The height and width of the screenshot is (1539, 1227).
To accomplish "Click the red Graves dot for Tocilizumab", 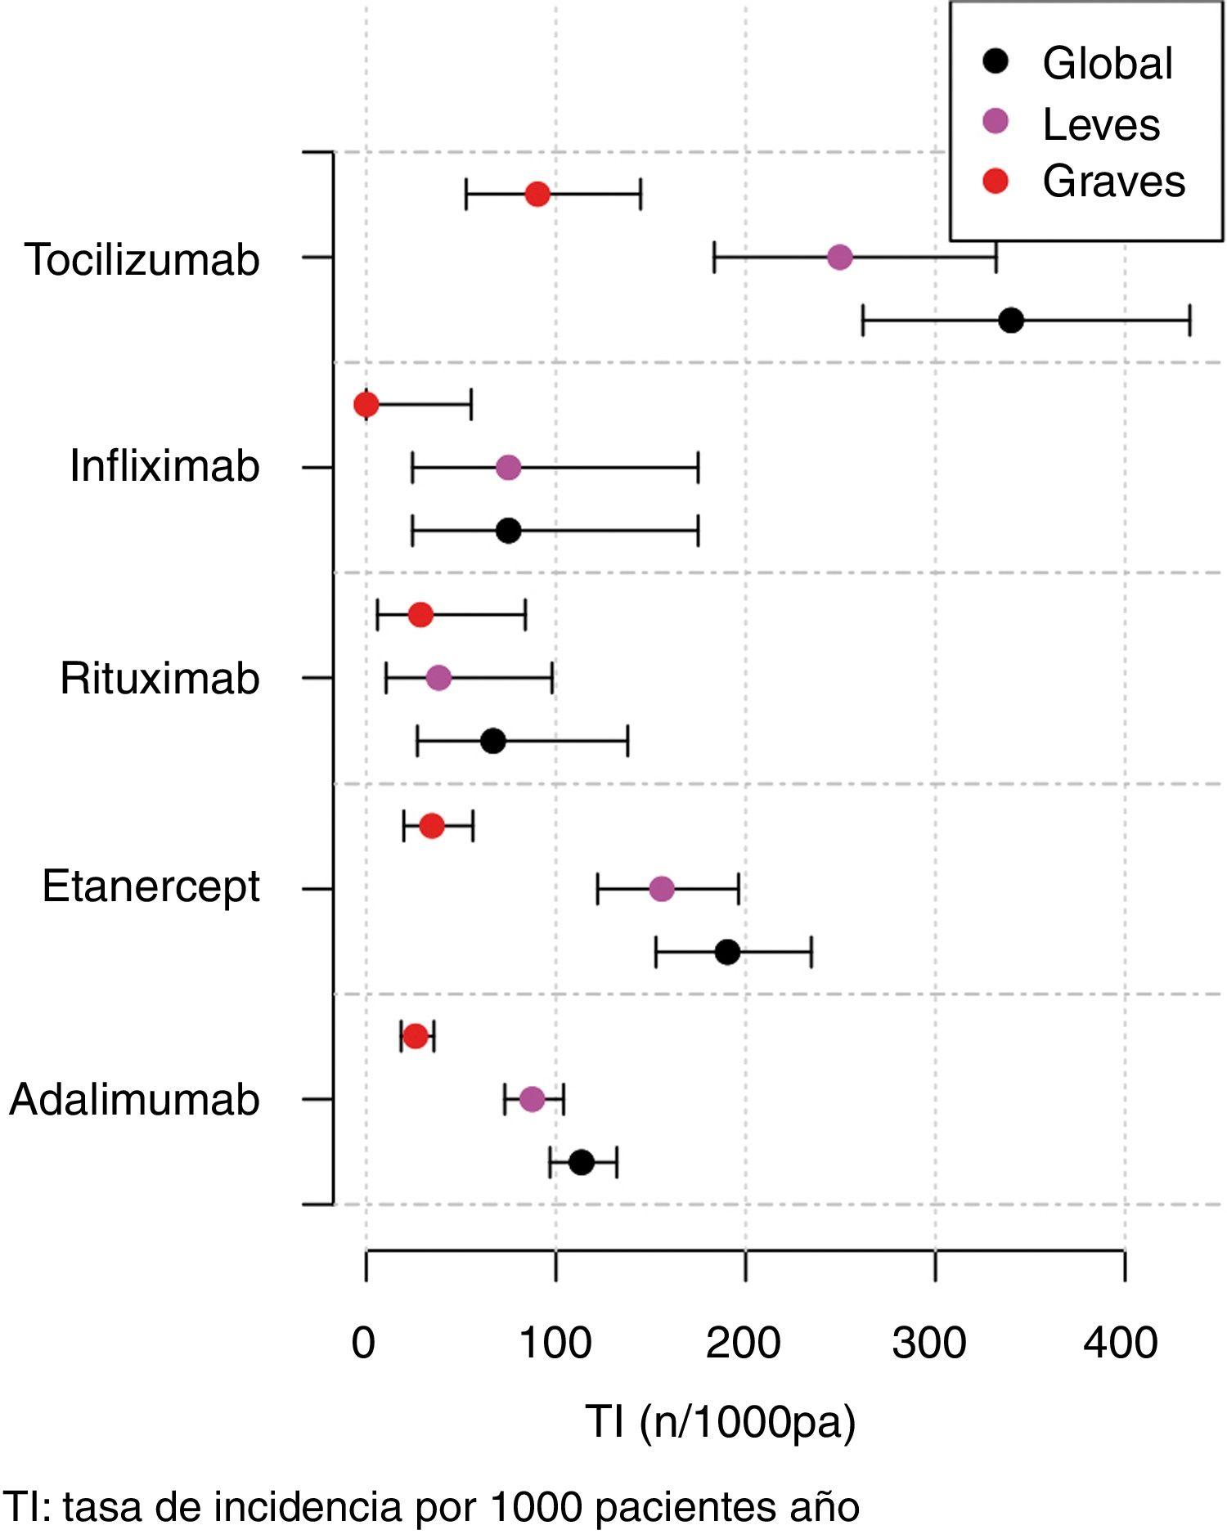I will [x=537, y=195].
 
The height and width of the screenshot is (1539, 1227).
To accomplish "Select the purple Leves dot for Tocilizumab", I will [x=839, y=258].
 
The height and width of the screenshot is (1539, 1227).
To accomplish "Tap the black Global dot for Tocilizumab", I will [x=1011, y=321].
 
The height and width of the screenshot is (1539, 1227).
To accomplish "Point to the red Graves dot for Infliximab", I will [x=366, y=404].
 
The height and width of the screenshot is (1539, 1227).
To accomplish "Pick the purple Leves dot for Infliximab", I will [x=508, y=468].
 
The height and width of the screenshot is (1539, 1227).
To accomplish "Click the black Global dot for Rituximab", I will [x=492, y=741].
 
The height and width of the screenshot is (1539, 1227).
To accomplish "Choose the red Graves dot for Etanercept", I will [x=432, y=826].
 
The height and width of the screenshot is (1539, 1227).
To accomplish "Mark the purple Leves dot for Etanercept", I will [x=661, y=889].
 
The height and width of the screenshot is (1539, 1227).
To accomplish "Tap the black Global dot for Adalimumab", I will [x=581, y=1162].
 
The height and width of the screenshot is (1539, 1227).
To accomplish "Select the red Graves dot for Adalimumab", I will [x=416, y=1036].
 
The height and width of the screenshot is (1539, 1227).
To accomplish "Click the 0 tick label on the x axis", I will [x=363, y=1343].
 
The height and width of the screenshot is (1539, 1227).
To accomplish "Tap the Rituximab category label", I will [x=160, y=678].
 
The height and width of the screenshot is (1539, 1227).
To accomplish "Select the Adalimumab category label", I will [x=134, y=1099].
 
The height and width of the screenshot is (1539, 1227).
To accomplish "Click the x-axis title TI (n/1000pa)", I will [x=720, y=1421].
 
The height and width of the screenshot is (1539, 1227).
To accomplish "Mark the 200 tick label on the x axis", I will [x=743, y=1343].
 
